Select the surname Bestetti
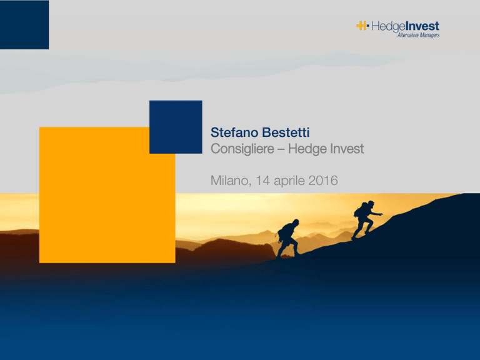[x=286, y=132]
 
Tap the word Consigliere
[x=242, y=149]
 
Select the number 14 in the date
[x=262, y=181]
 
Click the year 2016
[x=323, y=181]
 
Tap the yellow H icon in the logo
[x=361, y=26]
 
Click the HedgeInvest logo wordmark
[x=405, y=26]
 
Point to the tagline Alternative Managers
[x=419, y=35]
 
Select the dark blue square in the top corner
[x=24, y=24]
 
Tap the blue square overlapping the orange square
[x=176, y=127]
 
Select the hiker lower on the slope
[x=287, y=238]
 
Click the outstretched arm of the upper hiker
[x=376, y=214]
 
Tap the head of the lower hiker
[x=296, y=222]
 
